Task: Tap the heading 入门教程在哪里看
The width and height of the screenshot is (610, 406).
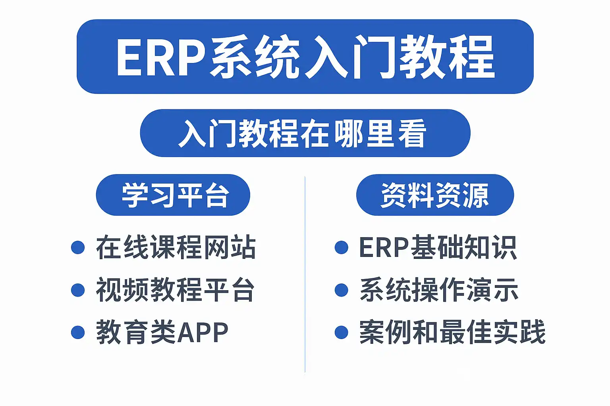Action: [x=303, y=134]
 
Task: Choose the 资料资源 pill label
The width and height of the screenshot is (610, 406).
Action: [x=434, y=195]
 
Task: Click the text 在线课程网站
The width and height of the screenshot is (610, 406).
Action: [x=176, y=247]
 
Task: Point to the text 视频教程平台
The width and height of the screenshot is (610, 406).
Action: [x=176, y=290]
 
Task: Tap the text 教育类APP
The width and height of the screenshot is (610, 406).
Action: [x=162, y=332]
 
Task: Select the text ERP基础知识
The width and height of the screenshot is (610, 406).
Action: [x=438, y=247]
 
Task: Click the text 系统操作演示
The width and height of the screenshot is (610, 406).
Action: [x=439, y=290]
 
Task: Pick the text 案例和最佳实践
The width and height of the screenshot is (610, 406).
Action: [x=452, y=332]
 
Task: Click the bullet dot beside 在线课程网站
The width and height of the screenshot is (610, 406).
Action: [x=78, y=247]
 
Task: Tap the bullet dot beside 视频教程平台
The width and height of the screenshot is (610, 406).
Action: [x=78, y=290]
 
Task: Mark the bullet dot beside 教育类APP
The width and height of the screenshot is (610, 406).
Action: [x=78, y=332]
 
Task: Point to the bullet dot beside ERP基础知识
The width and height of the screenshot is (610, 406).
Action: [x=342, y=247]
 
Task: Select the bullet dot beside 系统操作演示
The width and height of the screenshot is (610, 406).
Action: [x=342, y=290]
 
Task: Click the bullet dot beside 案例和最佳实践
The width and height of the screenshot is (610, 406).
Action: [x=342, y=332]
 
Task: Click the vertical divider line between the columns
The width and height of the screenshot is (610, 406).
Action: [x=305, y=275]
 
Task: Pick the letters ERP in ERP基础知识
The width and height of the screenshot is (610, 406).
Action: [x=384, y=247]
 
